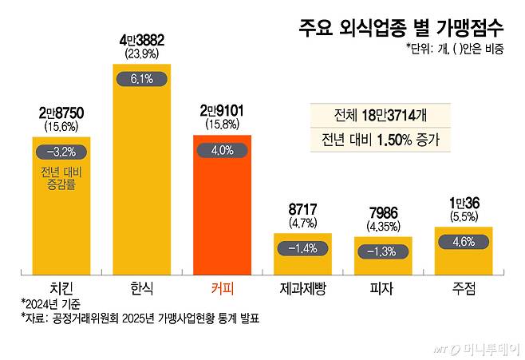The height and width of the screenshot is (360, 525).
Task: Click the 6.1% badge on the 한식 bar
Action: (141, 79)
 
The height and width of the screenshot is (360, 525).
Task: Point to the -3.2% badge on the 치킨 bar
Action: (61, 151)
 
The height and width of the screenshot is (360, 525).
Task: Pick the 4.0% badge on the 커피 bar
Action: (222, 149)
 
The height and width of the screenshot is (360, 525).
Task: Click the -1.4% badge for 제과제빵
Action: (302, 248)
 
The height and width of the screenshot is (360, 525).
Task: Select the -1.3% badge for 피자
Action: (383, 251)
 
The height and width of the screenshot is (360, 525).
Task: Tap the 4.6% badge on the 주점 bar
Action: (463, 241)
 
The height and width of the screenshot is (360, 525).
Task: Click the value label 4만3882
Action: (141, 41)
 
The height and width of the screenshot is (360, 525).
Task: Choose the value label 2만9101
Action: (222, 112)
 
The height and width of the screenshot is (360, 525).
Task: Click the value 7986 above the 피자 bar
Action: (383, 214)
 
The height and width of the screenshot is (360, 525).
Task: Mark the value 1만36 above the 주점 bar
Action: (463, 204)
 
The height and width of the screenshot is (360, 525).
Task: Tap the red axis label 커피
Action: (222, 287)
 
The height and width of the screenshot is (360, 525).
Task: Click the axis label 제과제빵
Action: (302, 287)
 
